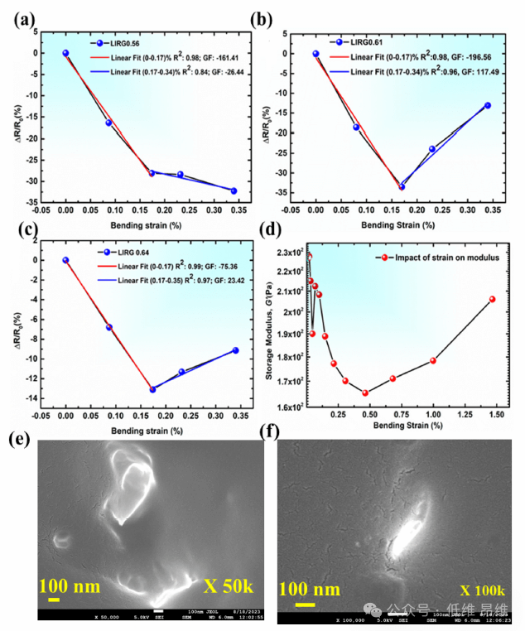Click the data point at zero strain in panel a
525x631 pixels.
(65, 53)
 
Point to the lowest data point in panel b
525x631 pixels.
(402, 186)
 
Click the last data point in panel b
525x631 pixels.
(488, 105)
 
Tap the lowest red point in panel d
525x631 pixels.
(365, 393)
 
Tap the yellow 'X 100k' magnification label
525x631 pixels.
(482, 590)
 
